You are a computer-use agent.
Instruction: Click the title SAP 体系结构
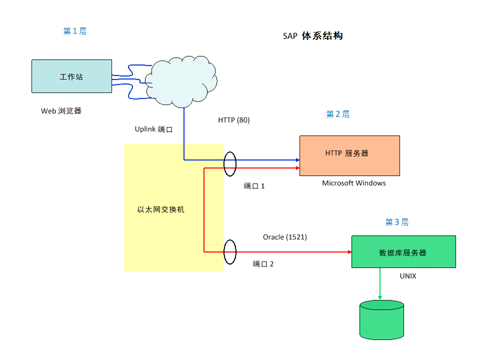coord(312,36)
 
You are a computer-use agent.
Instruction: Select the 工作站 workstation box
coord(71,76)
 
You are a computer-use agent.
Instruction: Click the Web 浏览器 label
coord(61,111)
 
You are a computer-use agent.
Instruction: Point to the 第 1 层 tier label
coord(75,31)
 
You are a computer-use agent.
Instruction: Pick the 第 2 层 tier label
coord(338,114)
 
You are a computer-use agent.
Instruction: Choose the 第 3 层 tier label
coord(397,222)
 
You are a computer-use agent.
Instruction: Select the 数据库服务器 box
coord(403,252)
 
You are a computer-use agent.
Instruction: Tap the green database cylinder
coord(381,320)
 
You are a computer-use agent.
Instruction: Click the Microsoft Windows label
coord(354,183)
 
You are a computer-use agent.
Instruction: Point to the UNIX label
coord(408,276)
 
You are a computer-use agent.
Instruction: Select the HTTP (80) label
coord(233,120)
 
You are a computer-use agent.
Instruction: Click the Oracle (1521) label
coord(285,237)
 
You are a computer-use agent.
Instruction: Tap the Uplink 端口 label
coord(153,129)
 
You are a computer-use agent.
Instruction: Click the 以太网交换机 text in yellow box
coord(161,209)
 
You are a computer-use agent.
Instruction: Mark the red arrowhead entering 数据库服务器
coord(349,252)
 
